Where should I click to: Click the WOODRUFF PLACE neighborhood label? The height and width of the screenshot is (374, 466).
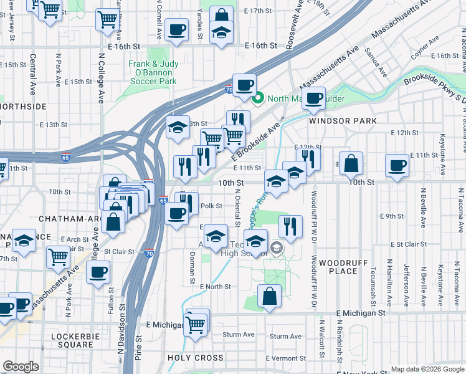tap(338, 267)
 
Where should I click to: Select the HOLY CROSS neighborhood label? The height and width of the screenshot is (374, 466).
tap(196, 358)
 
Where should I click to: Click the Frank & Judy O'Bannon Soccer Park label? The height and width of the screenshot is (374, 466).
tap(153, 72)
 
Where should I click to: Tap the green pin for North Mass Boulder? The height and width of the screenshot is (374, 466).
tap(256, 98)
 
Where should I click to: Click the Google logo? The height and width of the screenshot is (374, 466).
tap(21, 367)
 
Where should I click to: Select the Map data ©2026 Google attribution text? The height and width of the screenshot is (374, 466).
tap(427, 369)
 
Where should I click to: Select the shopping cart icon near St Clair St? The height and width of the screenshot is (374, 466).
tap(58, 255)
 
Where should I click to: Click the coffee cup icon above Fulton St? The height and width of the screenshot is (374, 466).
tap(98, 272)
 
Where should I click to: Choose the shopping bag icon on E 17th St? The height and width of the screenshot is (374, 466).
tap(221, 16)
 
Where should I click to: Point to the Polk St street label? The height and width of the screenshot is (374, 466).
tap(207, 206)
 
